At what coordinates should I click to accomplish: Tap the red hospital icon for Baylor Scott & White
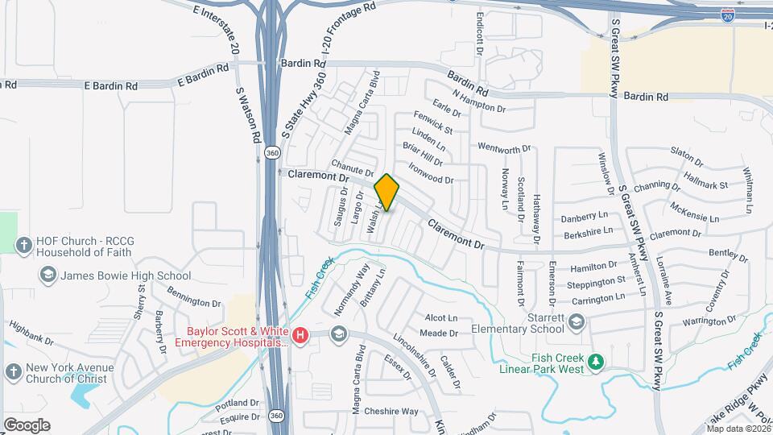tap(300, 335)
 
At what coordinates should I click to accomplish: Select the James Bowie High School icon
tap(48, 275)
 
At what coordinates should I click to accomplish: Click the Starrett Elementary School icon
tap(576, 323)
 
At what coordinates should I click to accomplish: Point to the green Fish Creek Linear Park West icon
tap(596, 363)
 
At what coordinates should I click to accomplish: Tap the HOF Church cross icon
tap(25, 245)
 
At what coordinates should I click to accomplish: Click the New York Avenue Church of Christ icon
tap(13, 371)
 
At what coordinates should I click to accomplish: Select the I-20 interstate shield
tap(727, 14)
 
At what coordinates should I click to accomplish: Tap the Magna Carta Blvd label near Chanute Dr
tap(361, 106)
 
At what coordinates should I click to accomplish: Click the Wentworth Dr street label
tap(505, 148)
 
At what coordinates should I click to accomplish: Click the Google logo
tap(27, 425)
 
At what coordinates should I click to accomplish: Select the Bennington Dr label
tap(193, 301)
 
